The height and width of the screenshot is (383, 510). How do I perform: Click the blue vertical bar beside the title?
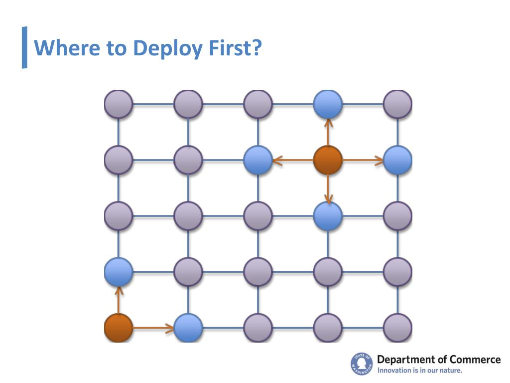(24, 47)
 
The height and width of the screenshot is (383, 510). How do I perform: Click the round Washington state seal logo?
(362, 364)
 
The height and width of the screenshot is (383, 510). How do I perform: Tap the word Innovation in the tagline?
(394, 371)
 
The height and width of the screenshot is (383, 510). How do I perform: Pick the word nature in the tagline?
(451, 371)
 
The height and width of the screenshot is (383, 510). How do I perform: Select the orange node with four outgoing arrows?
(328, 160)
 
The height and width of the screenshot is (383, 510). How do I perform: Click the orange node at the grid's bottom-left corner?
(119, 328)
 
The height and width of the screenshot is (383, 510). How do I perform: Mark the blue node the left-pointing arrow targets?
(258, 160)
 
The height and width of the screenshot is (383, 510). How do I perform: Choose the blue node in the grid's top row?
(328, 104)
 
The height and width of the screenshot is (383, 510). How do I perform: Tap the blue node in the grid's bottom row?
(188, 328)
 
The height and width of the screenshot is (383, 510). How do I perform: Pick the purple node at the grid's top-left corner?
(119, 104)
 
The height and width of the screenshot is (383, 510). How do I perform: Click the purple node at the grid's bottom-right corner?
(397, 328)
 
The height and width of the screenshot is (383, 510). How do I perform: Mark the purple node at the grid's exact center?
(258, 216)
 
